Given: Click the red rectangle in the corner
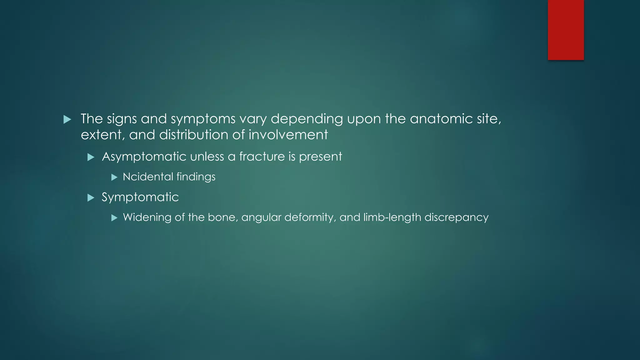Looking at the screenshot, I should pyautogui.click(x=566, y=30).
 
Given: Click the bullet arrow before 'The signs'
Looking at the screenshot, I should pyautogui.click(x=67, y=119).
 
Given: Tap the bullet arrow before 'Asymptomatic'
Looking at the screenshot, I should pyautogui.click(x=91, y=157).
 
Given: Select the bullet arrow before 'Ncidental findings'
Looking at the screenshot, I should pyautogui.click(x=114, y=177).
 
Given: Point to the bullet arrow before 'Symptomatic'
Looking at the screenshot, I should pyautogui.click(x=91, y=198).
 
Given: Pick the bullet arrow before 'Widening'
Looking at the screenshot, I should pyautogui.click(x=114, y=218).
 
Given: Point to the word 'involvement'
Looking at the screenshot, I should pyautogui.click(x=288, y=135).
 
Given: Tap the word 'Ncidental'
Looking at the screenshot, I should pyautogui.click(x=148, y=177).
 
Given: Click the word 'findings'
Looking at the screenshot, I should pyautogui.click(x=196, y=177).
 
